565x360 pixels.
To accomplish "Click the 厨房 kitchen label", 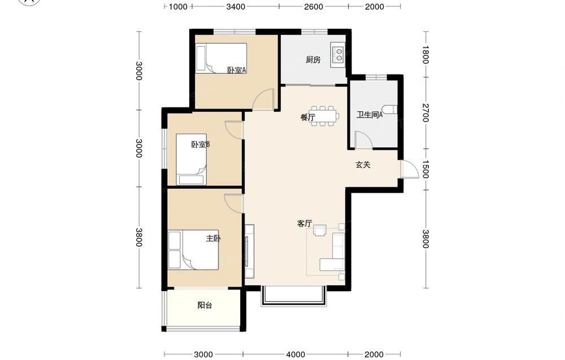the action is (x=313, y=60).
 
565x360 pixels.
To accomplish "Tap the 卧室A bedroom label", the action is (x=236, y=70).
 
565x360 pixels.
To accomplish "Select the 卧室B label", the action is (x=201, y=145).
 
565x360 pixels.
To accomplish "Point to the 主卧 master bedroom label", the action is (x=214, y=238).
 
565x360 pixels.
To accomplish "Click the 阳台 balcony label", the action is (x=205, y=306).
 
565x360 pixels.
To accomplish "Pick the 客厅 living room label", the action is (x=305, y=223).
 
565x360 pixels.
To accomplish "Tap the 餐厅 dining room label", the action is (x=308, y=117).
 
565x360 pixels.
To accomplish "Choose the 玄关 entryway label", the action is (x=363, y=164).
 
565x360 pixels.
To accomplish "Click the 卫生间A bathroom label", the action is (x=370, y=115).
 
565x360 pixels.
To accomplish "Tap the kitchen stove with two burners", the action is (x=338, y=54).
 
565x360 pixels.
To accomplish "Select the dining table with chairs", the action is (x=324, y=116).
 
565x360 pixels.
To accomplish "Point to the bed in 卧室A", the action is (x=221, y=58).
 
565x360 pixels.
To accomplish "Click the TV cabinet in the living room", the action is (x=249, y=251).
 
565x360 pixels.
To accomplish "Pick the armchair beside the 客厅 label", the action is (x=320, y=230).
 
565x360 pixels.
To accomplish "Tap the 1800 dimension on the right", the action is (x=425, y=54).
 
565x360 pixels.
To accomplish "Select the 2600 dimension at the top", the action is (x=314, y=6).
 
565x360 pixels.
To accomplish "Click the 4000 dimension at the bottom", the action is (x=295, y=354).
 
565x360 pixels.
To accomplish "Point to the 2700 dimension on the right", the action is (x=425, y=113).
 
